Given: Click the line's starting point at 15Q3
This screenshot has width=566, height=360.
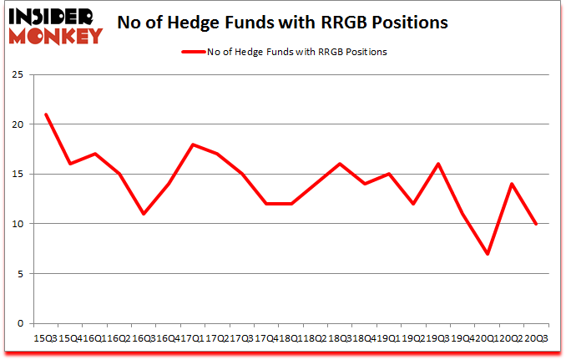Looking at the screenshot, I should tap(46, 114).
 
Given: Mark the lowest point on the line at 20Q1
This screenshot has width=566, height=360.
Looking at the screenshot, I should tap(487, 254).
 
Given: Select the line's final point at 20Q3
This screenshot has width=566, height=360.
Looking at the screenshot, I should tap(536, 224).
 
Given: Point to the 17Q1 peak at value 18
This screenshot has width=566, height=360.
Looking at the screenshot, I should tap(193, 145).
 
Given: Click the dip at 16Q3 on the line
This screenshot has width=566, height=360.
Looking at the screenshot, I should tap(144, 214).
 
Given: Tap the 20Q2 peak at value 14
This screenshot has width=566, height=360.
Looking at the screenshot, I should tap(512, 184).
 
